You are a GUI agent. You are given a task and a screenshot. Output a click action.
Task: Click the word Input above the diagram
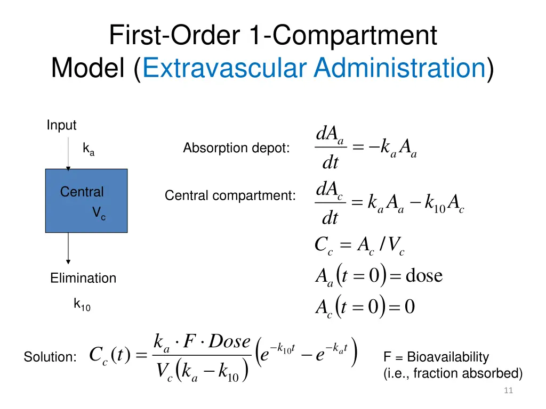(x=61, y=126)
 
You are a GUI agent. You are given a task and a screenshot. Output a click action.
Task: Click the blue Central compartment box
(x=86, y=213)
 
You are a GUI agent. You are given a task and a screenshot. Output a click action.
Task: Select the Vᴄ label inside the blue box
(x=99, y=214)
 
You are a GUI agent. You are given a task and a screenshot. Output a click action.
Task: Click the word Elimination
(x=83, y=278)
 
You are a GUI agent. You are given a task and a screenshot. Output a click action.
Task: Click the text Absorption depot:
(x=236, y=148)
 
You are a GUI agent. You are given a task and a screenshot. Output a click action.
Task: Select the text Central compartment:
(x=230, y=196)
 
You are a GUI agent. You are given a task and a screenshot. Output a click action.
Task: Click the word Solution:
(x=50, y=358)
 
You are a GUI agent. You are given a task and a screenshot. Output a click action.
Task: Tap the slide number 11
(x=508, y=391)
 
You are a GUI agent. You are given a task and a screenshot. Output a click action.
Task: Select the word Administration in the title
(x=399, y=69)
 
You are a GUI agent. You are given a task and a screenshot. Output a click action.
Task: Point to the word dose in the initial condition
(x=424, y=276)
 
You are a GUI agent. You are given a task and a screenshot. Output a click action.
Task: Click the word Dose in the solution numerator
(x=230, y=341)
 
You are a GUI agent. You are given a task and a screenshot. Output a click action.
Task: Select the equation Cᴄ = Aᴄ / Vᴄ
(x=360, y=246)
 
